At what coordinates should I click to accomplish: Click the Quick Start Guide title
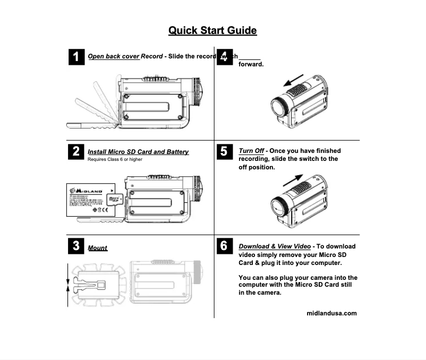coord(212,30)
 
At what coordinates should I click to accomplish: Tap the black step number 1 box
coord(76,57)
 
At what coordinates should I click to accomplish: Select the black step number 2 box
coord(76,152)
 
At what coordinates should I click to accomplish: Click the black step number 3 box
coord(76,246)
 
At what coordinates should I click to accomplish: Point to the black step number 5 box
coord(225,152)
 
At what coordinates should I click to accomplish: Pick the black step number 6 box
coord(225,246)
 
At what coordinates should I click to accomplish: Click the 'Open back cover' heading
coord(113,56)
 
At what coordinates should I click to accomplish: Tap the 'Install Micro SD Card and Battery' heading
coord(138,152)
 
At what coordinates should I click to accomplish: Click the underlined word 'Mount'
coord(98,248)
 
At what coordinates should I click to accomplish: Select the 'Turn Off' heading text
coord(251,151)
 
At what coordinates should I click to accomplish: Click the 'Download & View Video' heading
coord(275,246)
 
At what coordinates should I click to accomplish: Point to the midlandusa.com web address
coord(332,313)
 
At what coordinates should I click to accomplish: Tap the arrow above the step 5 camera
coord(295,179)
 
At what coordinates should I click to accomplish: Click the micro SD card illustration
coord(113,200)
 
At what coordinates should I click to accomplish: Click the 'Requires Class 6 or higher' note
coord(115,159)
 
